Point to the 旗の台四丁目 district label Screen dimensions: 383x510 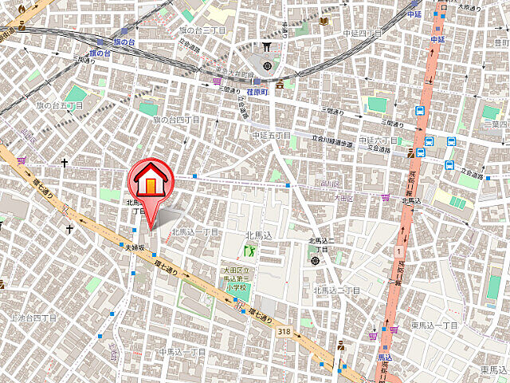[x=177, y=120]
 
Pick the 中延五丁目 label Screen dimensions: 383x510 [x=273, y=136]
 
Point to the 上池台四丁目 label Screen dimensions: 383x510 [x=34, y=317]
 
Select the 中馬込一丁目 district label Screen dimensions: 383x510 [x=182, y=351]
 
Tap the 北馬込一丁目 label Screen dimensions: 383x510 [x=194, y=231]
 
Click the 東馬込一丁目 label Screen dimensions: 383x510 [x=435, y=325]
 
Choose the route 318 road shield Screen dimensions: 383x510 [x=284, y=330]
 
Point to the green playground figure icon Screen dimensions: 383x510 [x=249, y=250]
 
